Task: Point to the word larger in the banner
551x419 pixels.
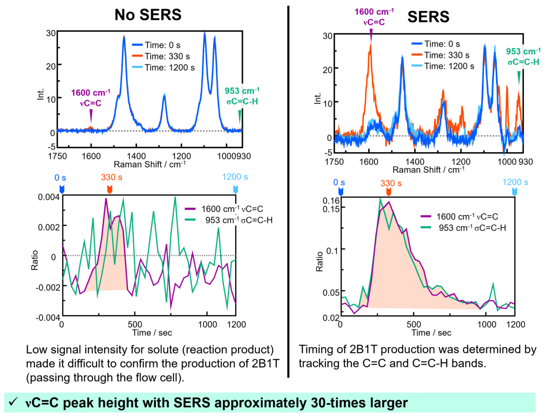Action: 386,403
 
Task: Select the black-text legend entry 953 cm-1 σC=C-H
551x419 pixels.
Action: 239,221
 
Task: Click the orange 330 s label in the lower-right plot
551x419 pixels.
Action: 391,183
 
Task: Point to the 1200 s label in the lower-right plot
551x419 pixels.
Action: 514,182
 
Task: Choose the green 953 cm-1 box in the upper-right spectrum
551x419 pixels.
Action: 523,57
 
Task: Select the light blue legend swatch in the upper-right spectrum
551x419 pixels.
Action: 417,66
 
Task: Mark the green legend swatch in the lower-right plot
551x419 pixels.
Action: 426,227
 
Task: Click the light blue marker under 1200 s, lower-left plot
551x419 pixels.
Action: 236,190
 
